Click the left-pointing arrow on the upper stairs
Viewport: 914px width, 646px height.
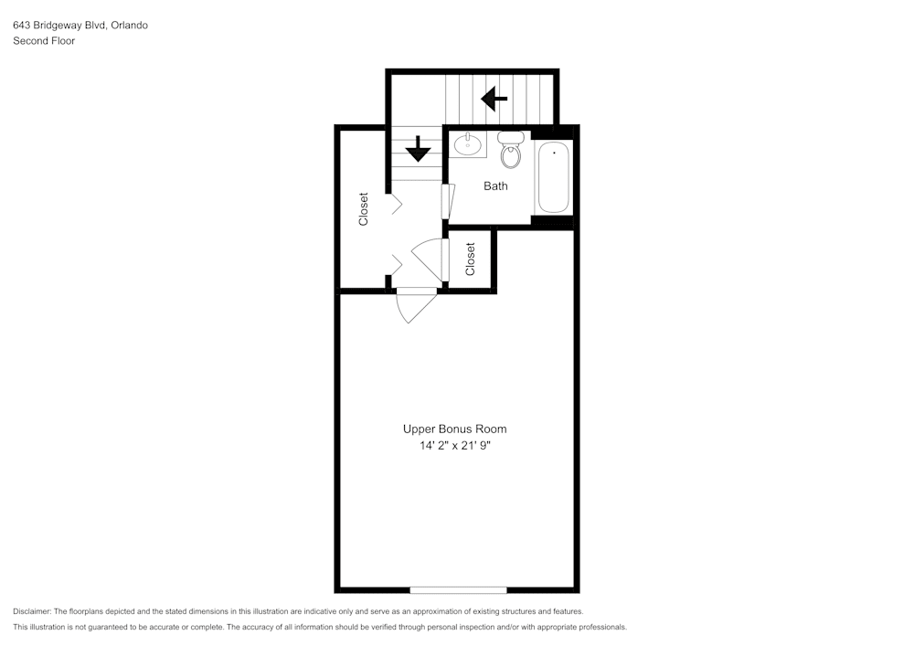point(494,97)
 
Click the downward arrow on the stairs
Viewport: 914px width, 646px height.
point(418,149)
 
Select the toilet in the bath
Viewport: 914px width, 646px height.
point(511,151)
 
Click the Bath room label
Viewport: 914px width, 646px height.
point(495,185)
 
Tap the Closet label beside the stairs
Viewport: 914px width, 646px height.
point(364,208)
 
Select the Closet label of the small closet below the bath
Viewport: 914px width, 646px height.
point(471,259)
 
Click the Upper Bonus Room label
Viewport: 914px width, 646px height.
point(454,429)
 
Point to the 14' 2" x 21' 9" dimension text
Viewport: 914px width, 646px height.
point(454,446)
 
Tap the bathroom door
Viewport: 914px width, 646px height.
point(447,201)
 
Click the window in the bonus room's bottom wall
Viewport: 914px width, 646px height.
point(458,589)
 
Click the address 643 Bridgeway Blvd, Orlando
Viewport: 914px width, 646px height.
point(80,26)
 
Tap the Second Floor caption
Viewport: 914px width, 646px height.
point(44,41)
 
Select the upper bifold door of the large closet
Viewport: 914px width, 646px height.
point(396,205)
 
